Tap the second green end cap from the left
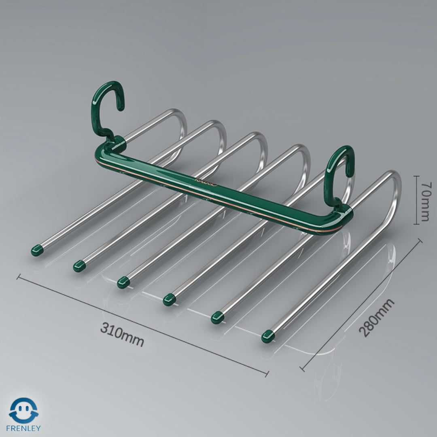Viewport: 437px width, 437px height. (x=79, y=266)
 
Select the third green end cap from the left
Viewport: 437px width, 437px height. (x=123, y=282)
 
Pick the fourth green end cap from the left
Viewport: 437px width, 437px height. (x=169, y=299)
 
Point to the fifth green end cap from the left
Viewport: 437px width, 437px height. (x=218, y=317)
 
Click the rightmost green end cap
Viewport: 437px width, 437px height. (x=268, y=335)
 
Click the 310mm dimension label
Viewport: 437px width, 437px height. (x=122, y=335)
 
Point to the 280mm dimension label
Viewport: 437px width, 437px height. (x=376, y=318)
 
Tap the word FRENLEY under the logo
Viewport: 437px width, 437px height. (x=23, y=428)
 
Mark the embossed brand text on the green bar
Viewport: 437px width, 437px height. (x=206, y=182)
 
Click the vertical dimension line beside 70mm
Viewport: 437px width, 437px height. (x=416, y=199)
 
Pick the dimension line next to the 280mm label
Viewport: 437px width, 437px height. (x=361, y=304)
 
